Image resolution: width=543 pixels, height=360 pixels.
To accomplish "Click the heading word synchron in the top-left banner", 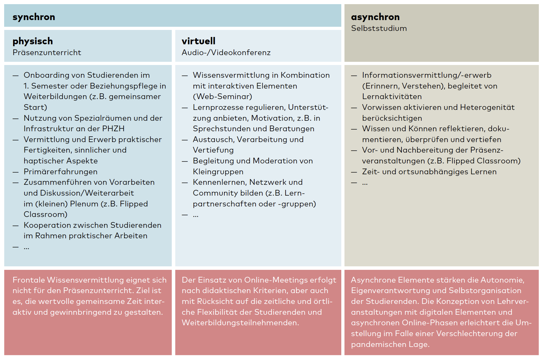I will [x=34, y=17].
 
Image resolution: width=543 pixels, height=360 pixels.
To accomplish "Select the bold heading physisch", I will [x=33, y=41].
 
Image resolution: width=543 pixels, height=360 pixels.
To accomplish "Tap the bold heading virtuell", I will [x=198, y=41].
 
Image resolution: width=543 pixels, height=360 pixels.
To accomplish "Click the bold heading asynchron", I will [x=375, y=17].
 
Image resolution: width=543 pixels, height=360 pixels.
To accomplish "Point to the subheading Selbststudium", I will [x=379, y=28].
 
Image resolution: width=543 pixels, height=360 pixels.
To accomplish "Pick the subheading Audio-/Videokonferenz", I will [x=226, y=53].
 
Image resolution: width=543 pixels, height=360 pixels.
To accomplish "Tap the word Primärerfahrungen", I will [x=61, y=172].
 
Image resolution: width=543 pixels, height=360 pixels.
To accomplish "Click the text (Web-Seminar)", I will [x=222, y=97].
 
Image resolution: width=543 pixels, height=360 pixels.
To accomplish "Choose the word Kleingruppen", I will [x=218, y=172].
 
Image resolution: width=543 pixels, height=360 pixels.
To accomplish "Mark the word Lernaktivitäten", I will [x=392, y=97].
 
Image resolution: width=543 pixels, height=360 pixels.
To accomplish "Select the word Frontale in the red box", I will [x=28, y=280].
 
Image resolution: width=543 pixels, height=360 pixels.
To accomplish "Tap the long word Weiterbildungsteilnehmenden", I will [x=240, y=323].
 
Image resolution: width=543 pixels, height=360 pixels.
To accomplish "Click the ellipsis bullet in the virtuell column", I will [x=196, y=215].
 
